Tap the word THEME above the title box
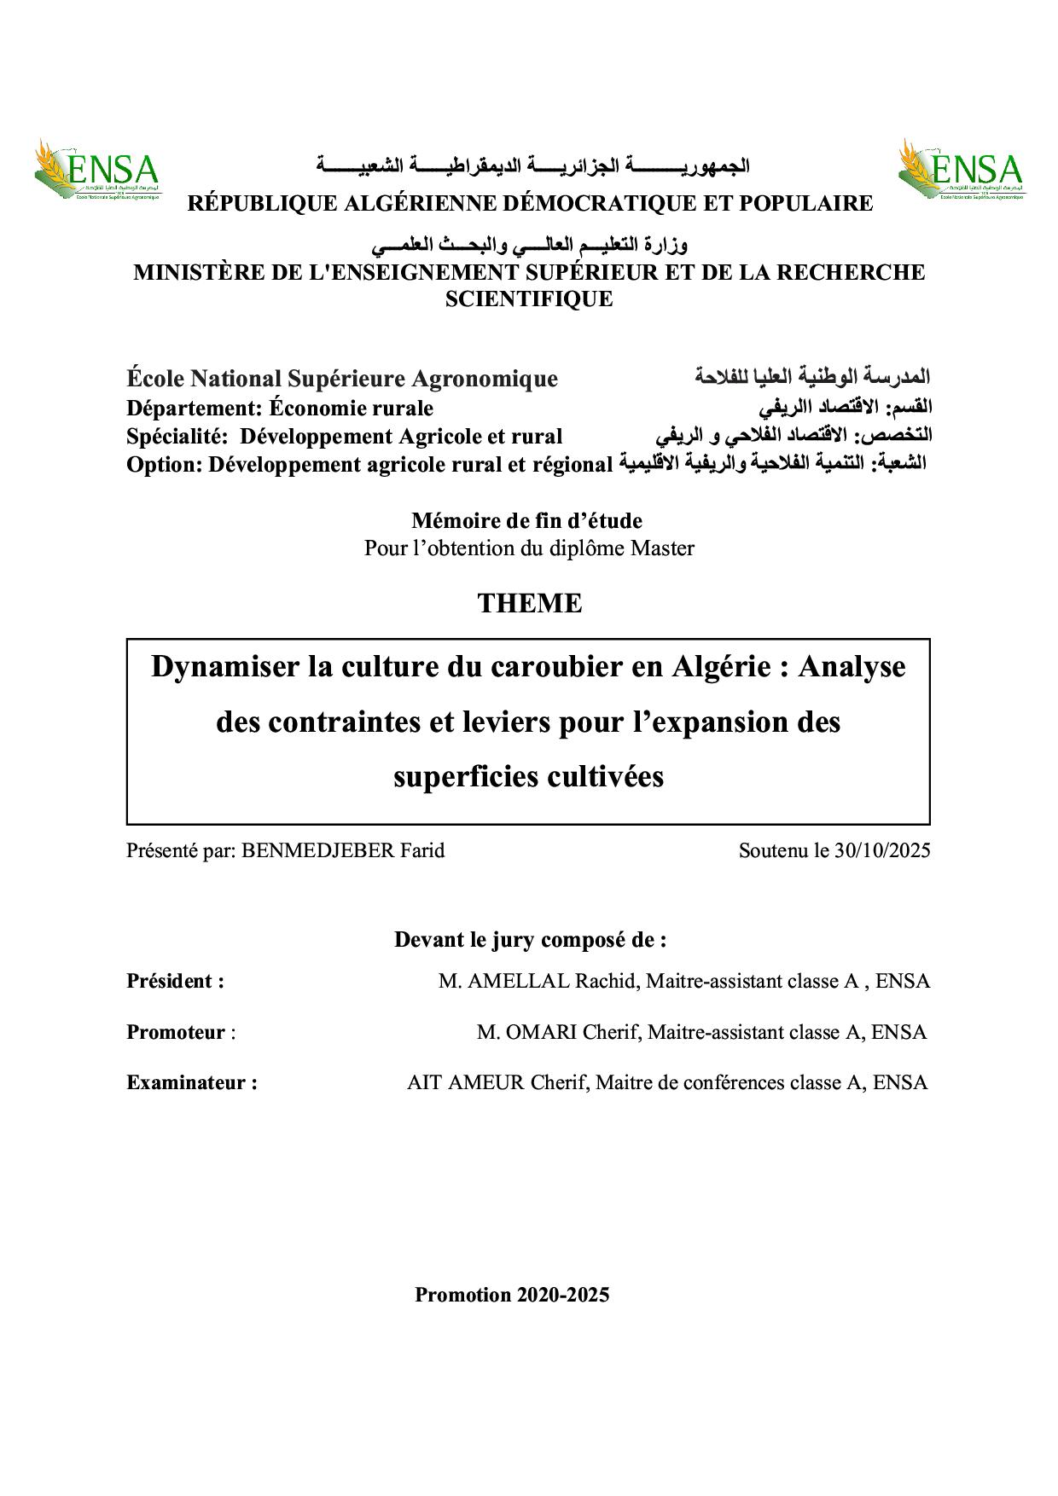pyautogui.click(x=529, y=603)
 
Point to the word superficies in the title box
pyautogui.click(x=466, y=777)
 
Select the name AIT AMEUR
pyautogui.click(x=465, y=1083)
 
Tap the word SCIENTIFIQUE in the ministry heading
pyautogui.click(x=530, y=299)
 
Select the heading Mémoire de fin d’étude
pyautogui.click(x=526, y=520)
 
